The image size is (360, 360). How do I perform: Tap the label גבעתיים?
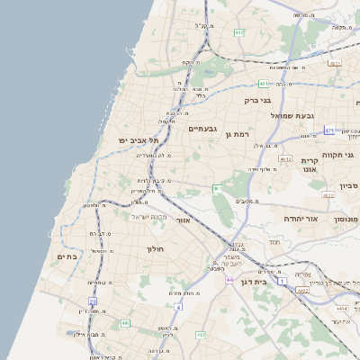(x=202, y=129)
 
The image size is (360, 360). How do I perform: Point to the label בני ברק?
(x=259, y=101)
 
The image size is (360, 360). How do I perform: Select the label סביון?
(x=349, y=186)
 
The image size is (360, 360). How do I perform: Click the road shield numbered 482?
(x=238, y=32)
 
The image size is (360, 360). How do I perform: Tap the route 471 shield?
(x=329, y=129)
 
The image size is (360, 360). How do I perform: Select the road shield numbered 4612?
(x=287, y=158)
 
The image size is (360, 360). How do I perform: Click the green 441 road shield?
(x=125, y=322)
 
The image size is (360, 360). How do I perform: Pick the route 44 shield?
(x=230, y=280)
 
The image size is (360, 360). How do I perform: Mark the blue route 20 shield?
(x=93, y=301)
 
